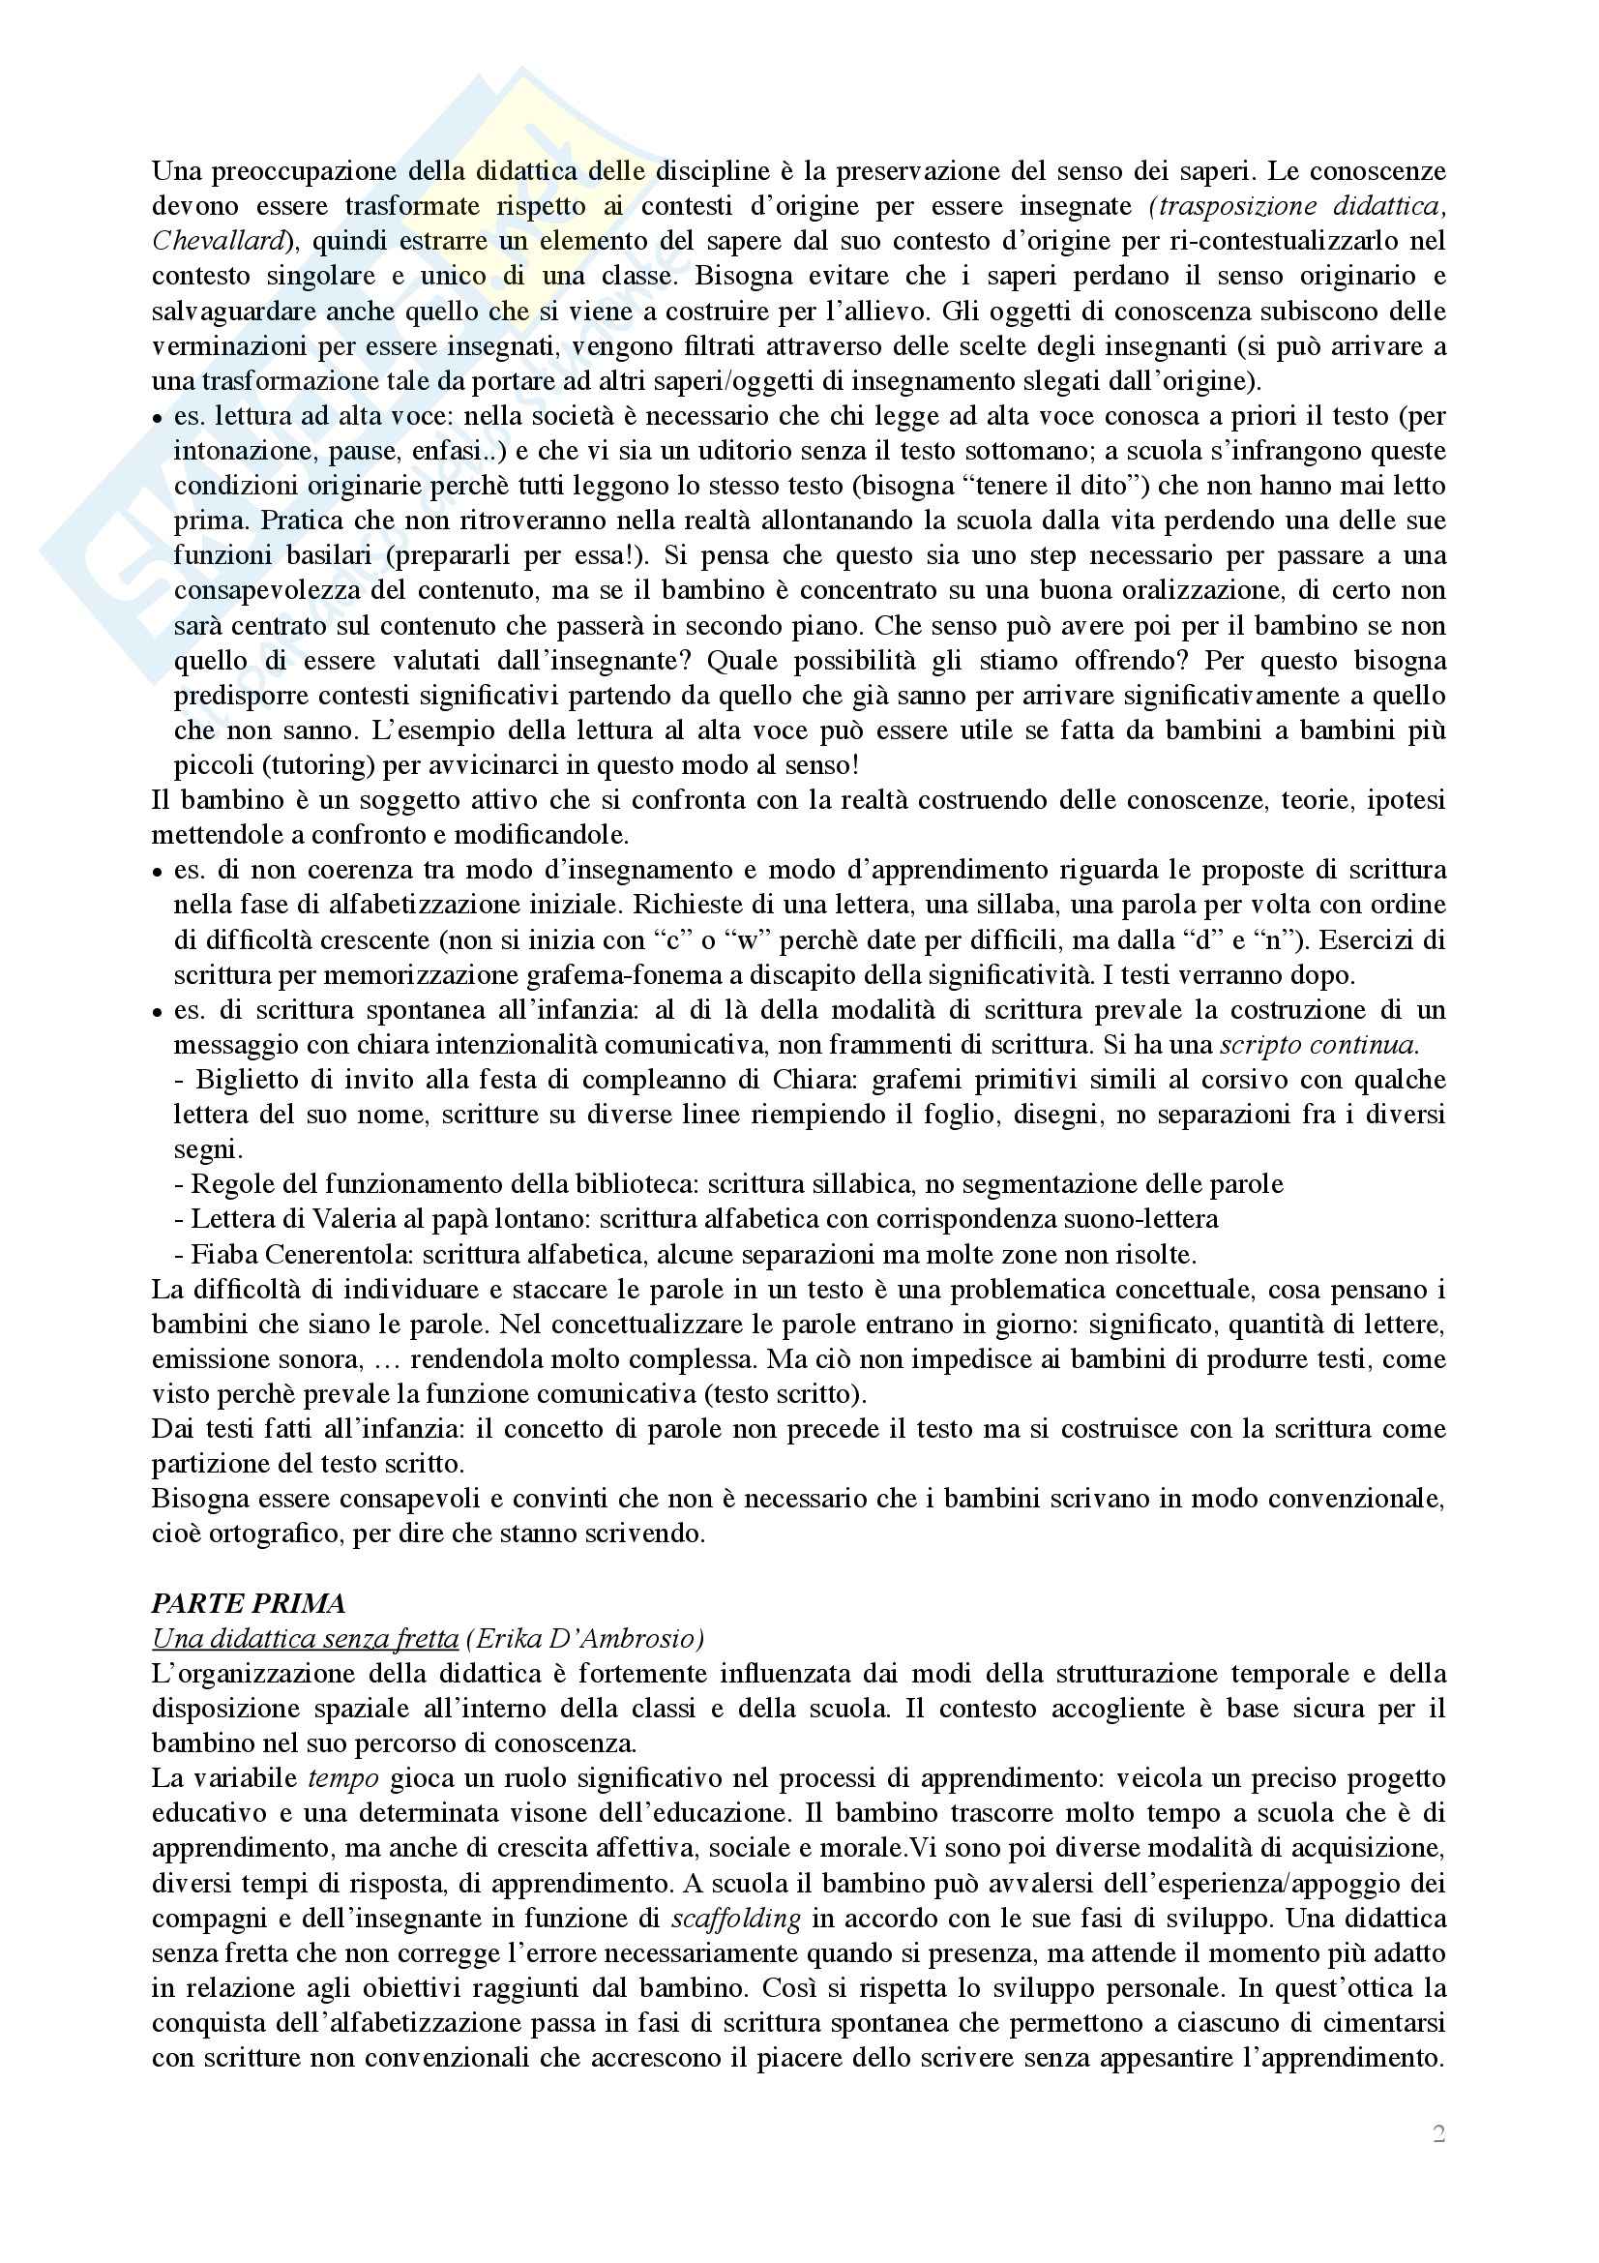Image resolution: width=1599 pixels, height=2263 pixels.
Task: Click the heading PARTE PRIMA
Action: (249, 1603)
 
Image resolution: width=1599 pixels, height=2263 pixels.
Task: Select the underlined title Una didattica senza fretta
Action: (305, 1639)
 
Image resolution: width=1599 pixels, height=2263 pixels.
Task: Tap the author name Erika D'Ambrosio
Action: (585, 1639)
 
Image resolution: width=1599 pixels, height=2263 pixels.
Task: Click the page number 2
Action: (1438, 2135)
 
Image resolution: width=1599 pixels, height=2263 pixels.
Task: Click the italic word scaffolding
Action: (735, 1919)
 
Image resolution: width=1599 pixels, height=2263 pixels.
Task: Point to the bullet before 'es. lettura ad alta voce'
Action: (158, 419)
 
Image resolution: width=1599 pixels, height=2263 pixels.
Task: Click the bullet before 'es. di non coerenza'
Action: (158, 873)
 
